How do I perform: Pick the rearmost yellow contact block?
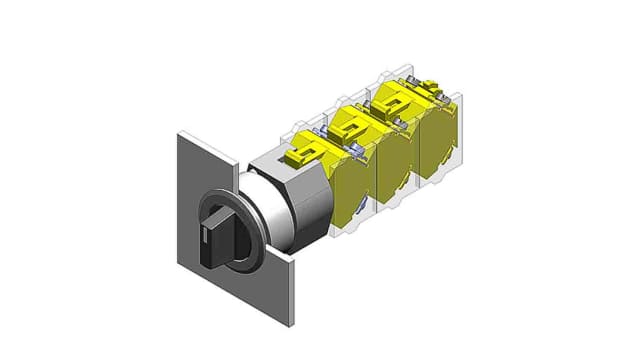coord(440,140)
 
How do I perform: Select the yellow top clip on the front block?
coord(305,150)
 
